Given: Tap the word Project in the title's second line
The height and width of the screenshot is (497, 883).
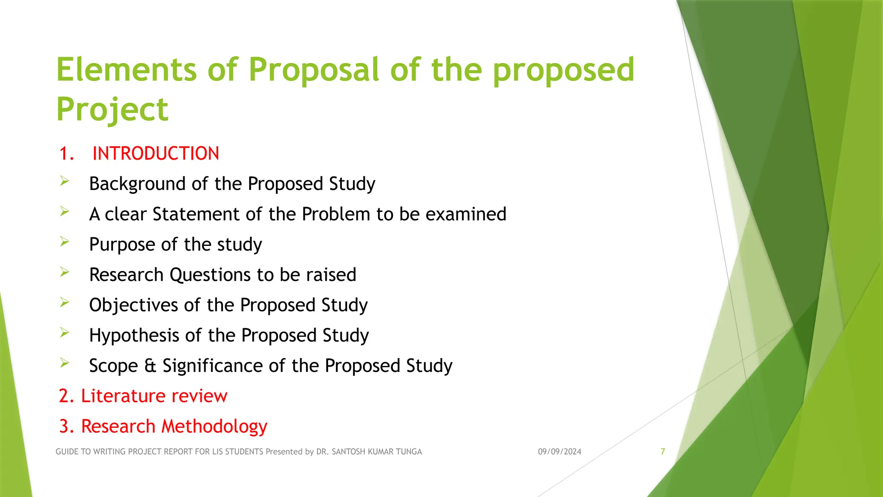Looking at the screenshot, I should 112,110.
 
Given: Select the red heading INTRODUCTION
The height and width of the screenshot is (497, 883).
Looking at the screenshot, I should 156,154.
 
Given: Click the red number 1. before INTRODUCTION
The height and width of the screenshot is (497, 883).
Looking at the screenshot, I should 66,154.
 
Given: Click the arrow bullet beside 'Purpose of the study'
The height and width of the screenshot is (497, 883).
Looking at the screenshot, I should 65,242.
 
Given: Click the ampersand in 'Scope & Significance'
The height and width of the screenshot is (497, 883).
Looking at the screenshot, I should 150,366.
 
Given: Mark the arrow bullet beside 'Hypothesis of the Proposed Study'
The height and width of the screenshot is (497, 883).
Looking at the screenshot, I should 65,333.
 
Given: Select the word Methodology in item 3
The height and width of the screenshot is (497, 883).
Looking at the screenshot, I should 214,427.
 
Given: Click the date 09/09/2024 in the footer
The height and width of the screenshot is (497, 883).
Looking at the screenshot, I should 559,452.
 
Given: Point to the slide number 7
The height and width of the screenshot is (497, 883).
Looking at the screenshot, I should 663,452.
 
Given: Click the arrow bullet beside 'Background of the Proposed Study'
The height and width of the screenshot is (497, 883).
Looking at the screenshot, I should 65,181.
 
